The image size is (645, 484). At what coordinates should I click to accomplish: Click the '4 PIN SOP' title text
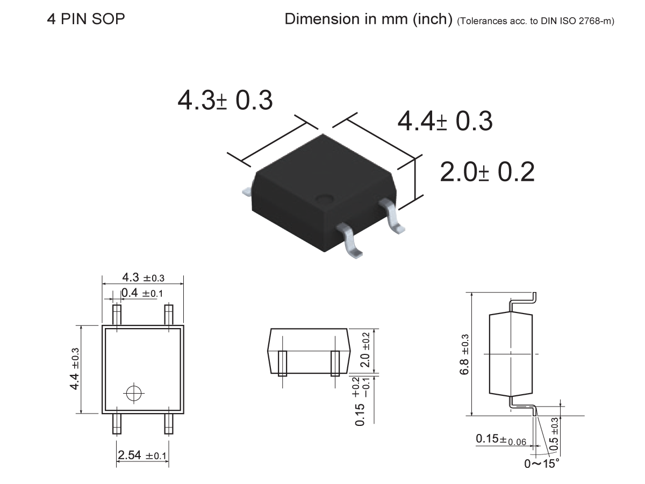(86, 19)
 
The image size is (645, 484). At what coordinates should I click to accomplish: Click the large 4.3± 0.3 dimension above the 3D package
(225, 101)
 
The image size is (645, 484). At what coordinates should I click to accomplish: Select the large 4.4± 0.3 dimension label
(445, 121)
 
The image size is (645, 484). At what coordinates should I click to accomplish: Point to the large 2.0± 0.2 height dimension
(487, 172)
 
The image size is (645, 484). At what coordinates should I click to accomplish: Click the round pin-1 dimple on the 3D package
(324, 200)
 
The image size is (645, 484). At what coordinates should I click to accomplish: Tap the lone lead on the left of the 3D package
(247, 190)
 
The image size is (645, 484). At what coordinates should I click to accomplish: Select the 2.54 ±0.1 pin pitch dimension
(142, 455)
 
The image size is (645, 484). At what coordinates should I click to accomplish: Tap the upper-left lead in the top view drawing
(117, 315)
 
